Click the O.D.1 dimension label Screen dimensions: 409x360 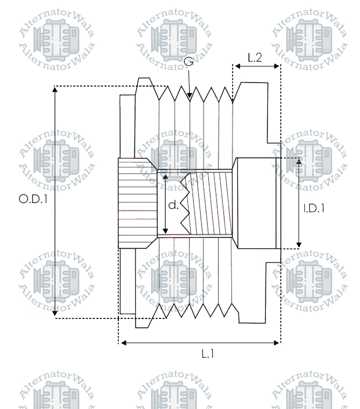point(33,199)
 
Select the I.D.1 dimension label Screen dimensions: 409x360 point(314,208)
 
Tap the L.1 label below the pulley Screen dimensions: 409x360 point(208,354)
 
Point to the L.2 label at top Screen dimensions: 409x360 point(255,58)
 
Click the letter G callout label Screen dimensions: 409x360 point(189,61)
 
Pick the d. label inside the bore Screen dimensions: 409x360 point(173,205)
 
